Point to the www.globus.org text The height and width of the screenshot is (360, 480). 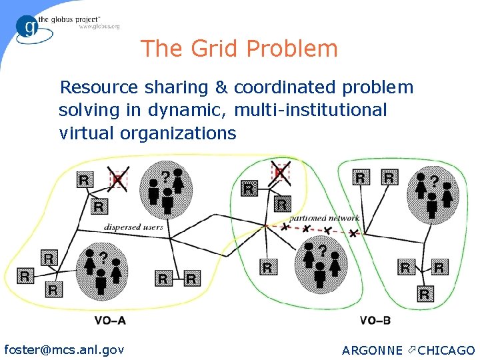click(x=99, y=27)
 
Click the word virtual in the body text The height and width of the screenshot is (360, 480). click(x=87, y=133)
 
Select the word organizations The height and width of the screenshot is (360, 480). click(x=178, y=133)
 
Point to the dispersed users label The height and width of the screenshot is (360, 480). click(x=133, y=227)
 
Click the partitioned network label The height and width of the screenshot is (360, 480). click(x=325, y=218)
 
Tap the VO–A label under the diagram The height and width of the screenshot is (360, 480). click(x=110, y=321)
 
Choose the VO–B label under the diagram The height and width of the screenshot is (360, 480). click(x=375, y=321)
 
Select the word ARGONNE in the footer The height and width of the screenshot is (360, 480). click(x=372, y=350)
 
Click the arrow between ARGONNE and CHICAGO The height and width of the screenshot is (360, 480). click(x=410, y=349)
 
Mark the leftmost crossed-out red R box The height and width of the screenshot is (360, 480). click(x=118, y=179)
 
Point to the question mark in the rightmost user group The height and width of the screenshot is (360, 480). click(x=435, y=181)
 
